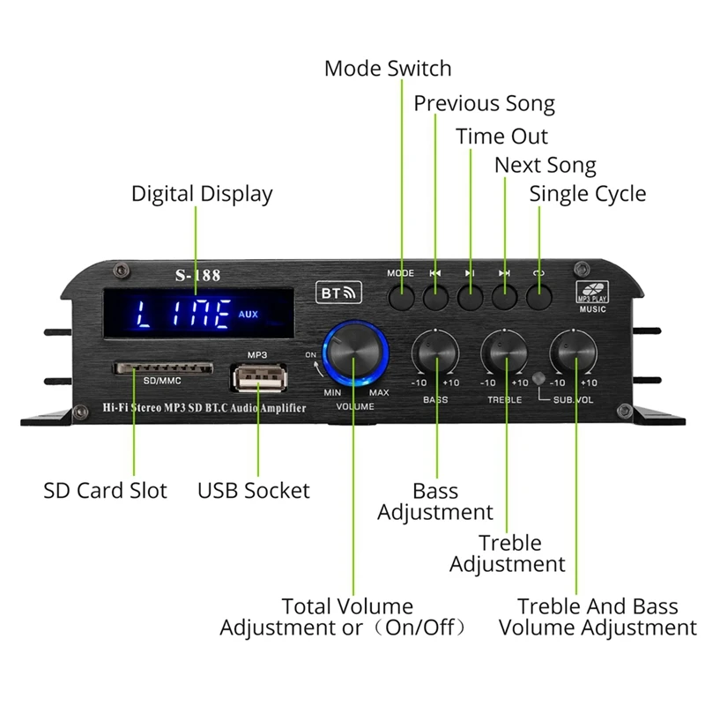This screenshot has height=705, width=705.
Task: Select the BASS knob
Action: point(435,354)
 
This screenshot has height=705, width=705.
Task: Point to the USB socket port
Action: point(257,378)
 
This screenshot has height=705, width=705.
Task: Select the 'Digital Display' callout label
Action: point(202,194)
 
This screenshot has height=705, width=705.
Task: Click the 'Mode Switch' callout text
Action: point(388,69)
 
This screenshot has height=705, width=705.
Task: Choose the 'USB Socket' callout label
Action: point(254,490)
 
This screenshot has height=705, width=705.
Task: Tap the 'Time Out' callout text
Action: point(501,137)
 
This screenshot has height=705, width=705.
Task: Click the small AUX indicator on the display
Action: point(248,313)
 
